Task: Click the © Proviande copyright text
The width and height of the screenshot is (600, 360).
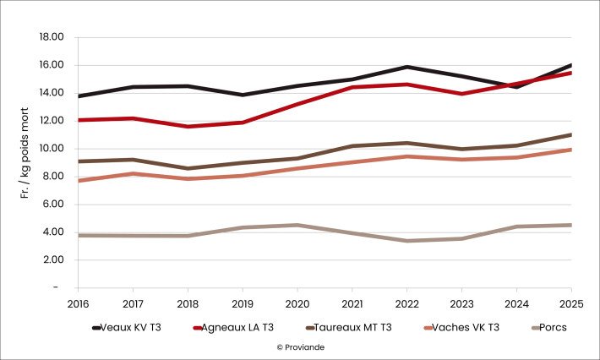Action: (x=299, y=346)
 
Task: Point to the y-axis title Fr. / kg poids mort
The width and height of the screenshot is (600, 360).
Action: (x=26, y=161)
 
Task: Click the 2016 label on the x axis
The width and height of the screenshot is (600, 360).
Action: (x=79, y=302)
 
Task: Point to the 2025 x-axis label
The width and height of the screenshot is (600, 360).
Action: (x=571, y=302)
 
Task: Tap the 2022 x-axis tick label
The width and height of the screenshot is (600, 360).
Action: (x=407, y=302)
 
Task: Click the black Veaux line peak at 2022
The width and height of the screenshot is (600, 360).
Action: (x=407, y=67)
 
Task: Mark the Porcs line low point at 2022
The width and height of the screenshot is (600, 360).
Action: (x=407, y=241)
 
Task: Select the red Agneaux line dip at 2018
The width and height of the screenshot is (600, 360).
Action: (x=188, y=127)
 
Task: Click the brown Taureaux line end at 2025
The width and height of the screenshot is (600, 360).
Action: (x=571, y=134)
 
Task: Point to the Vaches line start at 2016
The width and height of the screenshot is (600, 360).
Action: (x=79, y=181)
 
